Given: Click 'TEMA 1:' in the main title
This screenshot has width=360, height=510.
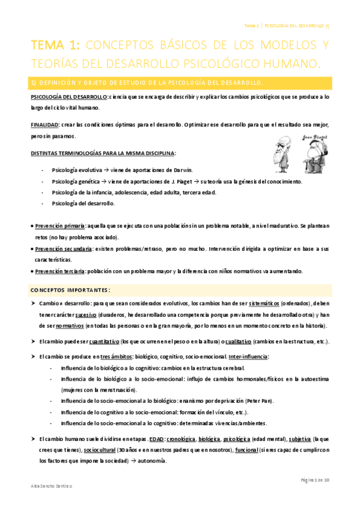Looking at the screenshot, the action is click(56, 45).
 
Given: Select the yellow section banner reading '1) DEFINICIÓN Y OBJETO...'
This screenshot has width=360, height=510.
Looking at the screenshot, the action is click(180, 81).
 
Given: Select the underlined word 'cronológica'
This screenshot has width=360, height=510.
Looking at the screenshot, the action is click(183, 440).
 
